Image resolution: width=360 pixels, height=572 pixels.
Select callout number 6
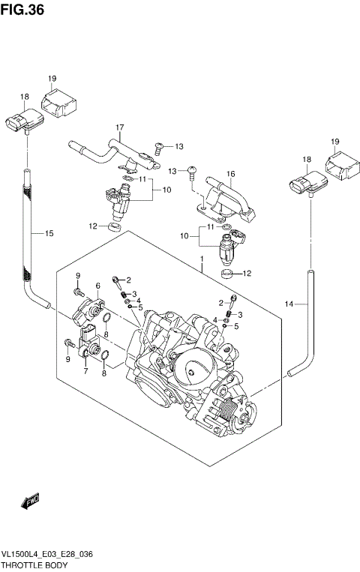pyautogui.click(x=97, y=286)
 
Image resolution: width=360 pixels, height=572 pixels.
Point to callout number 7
pyautogui.click(x=85, y=371)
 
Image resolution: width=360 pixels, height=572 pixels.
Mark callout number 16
pyautogui.click(x=231, y=175)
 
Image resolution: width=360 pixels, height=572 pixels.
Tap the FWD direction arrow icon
pyautogui.click(x=29, y=500)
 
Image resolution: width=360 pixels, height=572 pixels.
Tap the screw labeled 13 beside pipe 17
pyautogui.click(x=158, y=146)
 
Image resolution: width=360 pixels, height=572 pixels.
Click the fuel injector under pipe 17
pyautogui.click(x=118, y=199)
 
